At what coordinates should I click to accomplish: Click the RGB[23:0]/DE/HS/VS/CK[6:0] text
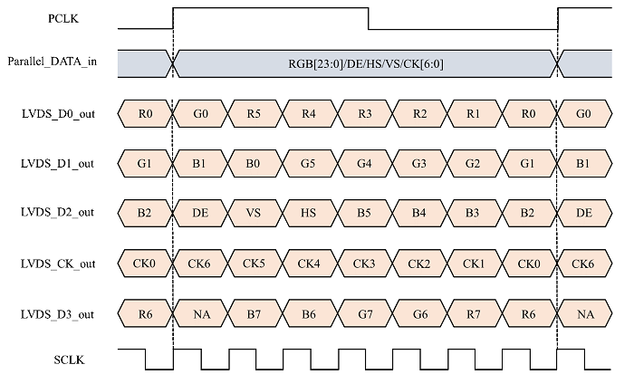(x=364, y=62)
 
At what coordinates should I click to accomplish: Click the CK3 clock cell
(x=364, y=264)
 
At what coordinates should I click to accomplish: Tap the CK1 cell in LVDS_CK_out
(x=474, y=264)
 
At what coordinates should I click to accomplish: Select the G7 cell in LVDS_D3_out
(x=364, y=313)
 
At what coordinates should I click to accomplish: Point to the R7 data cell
(x=474, y=313)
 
